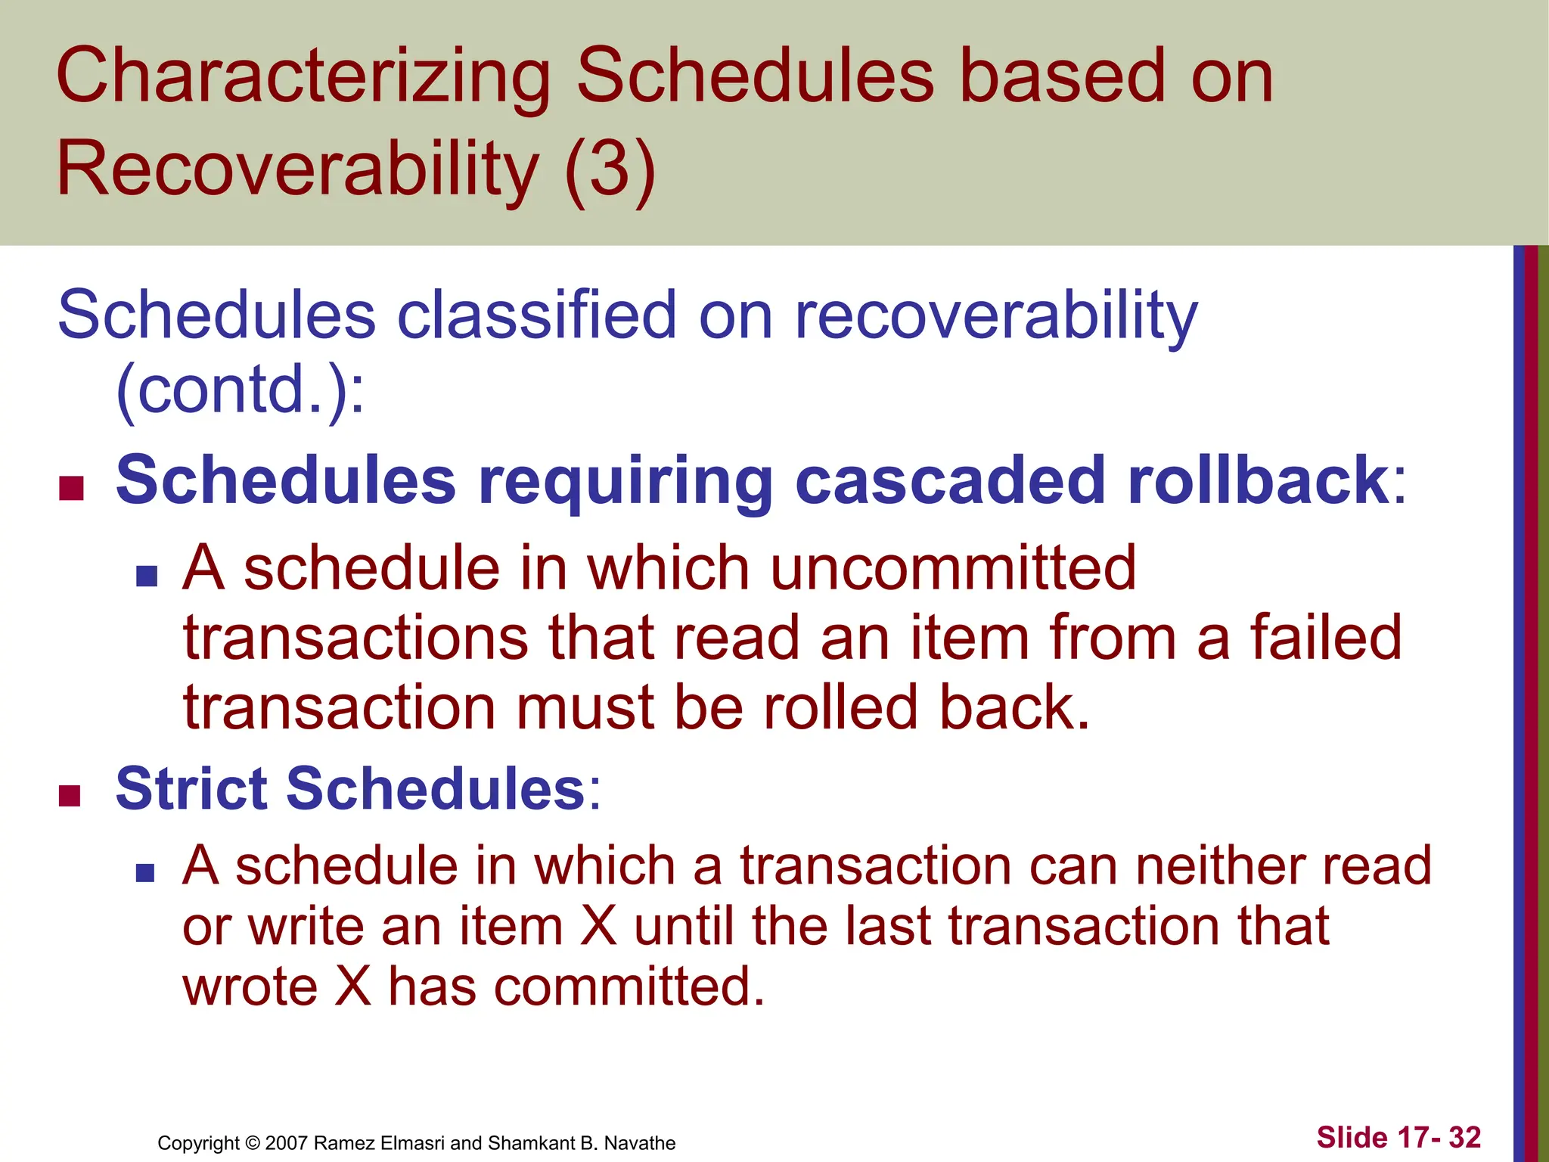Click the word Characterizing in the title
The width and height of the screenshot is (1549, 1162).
point(303,78)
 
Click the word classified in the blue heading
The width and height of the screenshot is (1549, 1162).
point(536,315)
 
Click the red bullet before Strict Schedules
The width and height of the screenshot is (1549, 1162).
point(70,795)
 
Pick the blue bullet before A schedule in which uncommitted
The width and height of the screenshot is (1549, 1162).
point(147,576)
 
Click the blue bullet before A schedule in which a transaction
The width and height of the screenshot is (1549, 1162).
point(145,874)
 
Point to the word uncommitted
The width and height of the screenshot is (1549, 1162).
point(953,569)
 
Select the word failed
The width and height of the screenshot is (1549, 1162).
point(1326,638)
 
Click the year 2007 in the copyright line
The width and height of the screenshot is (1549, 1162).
point(287,1143)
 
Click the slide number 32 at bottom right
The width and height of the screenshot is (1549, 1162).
point(1464,1137)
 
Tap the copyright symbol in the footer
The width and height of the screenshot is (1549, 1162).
point(253,1143)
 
